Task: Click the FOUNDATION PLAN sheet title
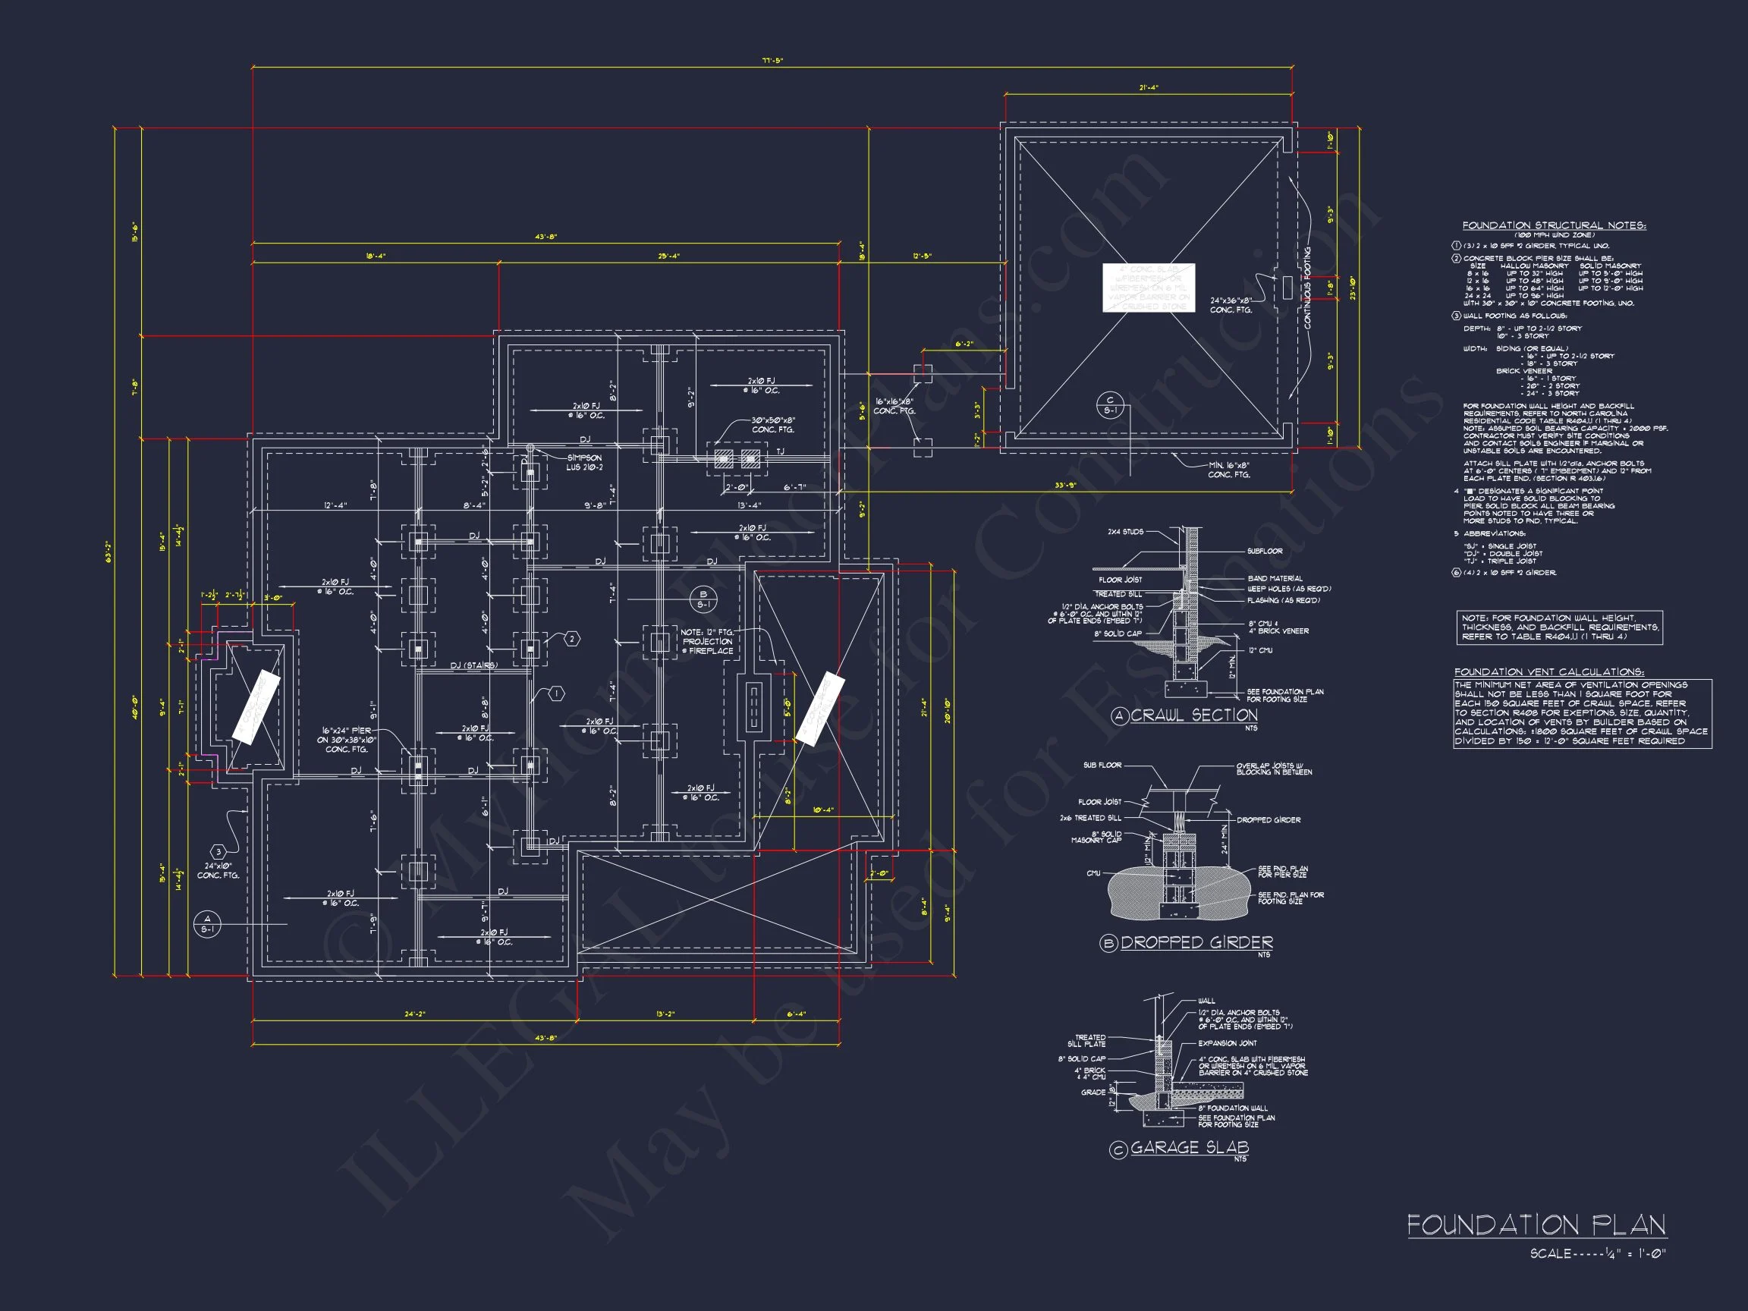(1536, 1226)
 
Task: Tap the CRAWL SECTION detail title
(1193, 715)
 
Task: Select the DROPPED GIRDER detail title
(1196, 943)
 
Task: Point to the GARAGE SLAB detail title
(1190, 1147)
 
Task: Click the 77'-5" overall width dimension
(772, 60)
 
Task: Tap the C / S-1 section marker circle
(1109, 405)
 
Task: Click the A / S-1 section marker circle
(207, 924)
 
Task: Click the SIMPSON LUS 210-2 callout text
(584, 462)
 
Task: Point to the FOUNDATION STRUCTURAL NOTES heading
(1554, 225)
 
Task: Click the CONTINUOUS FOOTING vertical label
(1308, 288)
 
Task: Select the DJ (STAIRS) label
(473, 665)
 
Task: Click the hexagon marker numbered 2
(572, 639)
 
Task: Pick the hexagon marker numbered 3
(218, 852)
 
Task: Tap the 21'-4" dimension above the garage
(1148, 88)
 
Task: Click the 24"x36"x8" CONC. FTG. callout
(1231, 305)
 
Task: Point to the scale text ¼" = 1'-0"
(1597, 1254)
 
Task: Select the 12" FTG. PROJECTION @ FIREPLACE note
(708, 642)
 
